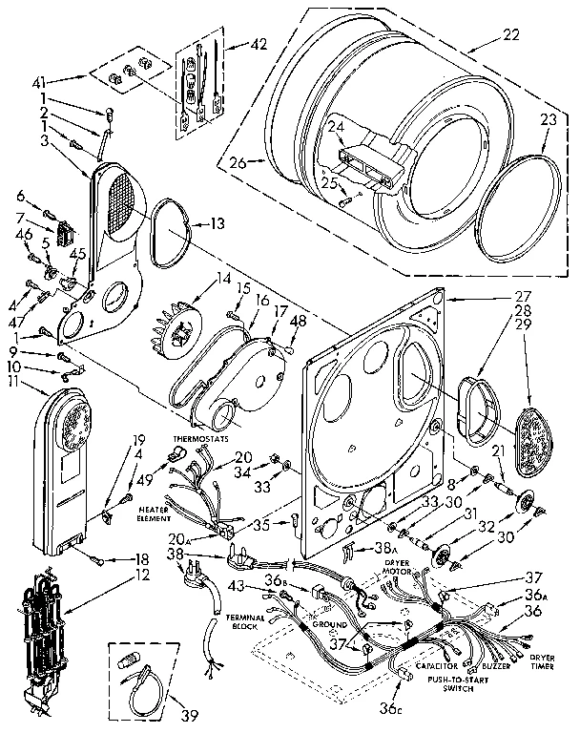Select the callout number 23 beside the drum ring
(548, 121)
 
